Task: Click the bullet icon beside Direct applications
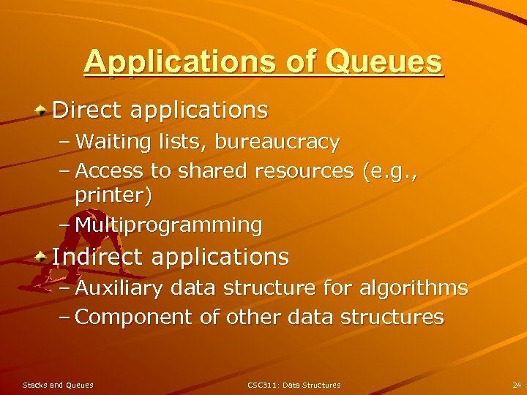(x=43, y=110)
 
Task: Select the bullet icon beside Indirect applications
(x=43, y=256)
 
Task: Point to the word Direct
(x=88, y=110)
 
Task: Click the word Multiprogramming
(x=168, y=225)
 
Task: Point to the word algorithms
(x=414, y=288)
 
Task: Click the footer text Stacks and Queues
(x=58, y=385)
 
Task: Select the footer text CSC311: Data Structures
(x=294, y=385)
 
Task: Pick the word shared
(x=212, y=171)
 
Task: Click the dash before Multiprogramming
(x=64, y=225)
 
